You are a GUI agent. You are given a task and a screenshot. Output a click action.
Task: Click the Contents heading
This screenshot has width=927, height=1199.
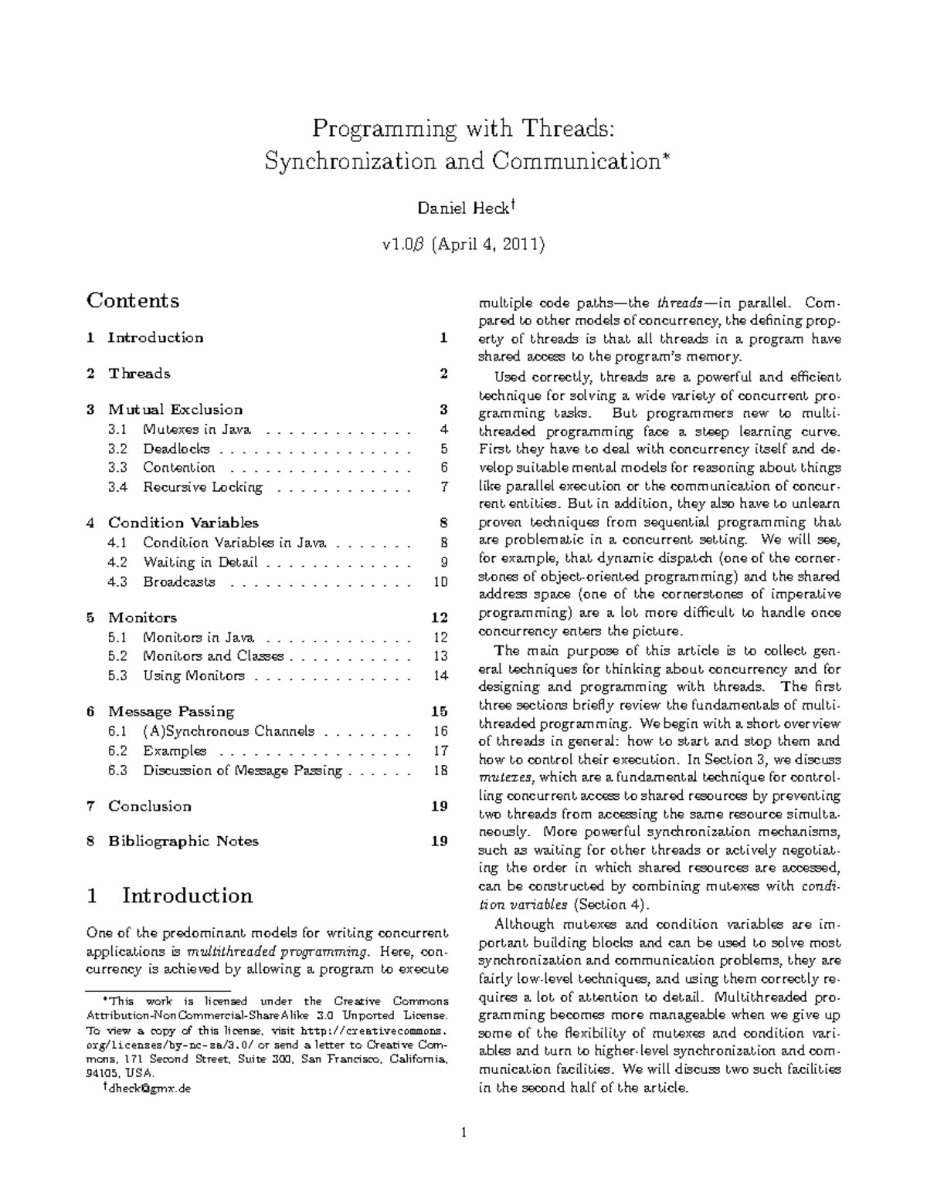click(x=133, y=300)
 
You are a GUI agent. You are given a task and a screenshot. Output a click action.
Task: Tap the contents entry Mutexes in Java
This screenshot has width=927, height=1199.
click(x=196, y=429)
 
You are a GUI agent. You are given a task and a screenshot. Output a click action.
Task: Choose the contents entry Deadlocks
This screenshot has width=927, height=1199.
click(x=176, y=449)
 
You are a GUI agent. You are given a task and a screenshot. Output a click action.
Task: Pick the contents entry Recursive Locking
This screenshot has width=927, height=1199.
click(x=202, y=487)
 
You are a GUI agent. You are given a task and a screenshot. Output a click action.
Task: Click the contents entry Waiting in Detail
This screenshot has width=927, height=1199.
click(x=200, y=562)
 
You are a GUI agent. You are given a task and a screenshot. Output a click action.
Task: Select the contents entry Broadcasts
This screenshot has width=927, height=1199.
click(x=178, y=581)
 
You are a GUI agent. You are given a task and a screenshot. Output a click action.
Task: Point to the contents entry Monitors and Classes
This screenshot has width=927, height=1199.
click(x=213, y=656)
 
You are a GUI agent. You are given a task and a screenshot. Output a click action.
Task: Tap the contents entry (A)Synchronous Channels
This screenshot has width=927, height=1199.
click(x=229, y=731)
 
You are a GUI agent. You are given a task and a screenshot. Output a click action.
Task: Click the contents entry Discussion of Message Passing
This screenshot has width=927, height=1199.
click(x=242, y=770)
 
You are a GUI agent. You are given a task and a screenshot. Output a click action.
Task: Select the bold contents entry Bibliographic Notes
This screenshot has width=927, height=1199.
click(x=183, y=841)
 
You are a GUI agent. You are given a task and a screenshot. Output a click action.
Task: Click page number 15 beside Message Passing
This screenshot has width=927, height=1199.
click(x=440, y=711)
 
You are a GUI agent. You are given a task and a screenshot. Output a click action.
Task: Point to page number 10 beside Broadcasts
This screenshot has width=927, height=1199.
click(x=440, y=581)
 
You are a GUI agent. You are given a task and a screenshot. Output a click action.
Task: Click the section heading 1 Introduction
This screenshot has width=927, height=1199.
click(x=171, y=896)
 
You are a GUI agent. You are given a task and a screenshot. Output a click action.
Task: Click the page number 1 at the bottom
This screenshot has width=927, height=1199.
click(x=463, y=1133)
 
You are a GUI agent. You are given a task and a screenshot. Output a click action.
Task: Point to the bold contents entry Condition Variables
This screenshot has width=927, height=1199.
click(x=183, y=523)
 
